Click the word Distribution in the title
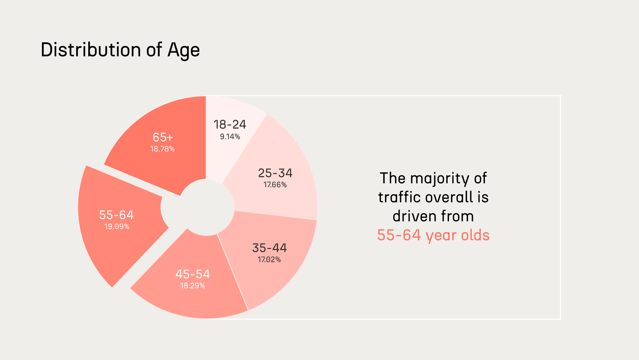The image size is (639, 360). coord(91,50)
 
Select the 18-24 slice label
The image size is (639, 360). coord(230,125)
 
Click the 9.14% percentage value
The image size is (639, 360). coord(230,137)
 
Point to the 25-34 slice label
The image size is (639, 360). coord(275,173)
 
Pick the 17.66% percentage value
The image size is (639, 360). coord(275,185)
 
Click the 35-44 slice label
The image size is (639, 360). coord(269,248)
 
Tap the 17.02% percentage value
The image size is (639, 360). coord(269,260)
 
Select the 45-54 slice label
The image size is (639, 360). coord(193,274)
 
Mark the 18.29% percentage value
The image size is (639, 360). coord(192,286)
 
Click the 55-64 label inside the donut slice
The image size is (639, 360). coord(116,215)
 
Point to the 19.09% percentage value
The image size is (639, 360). coord(117,227)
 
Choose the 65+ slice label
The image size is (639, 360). coord(163,137)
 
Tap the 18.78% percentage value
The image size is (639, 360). coord(162,149)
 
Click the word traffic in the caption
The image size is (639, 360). coord(398,197)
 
